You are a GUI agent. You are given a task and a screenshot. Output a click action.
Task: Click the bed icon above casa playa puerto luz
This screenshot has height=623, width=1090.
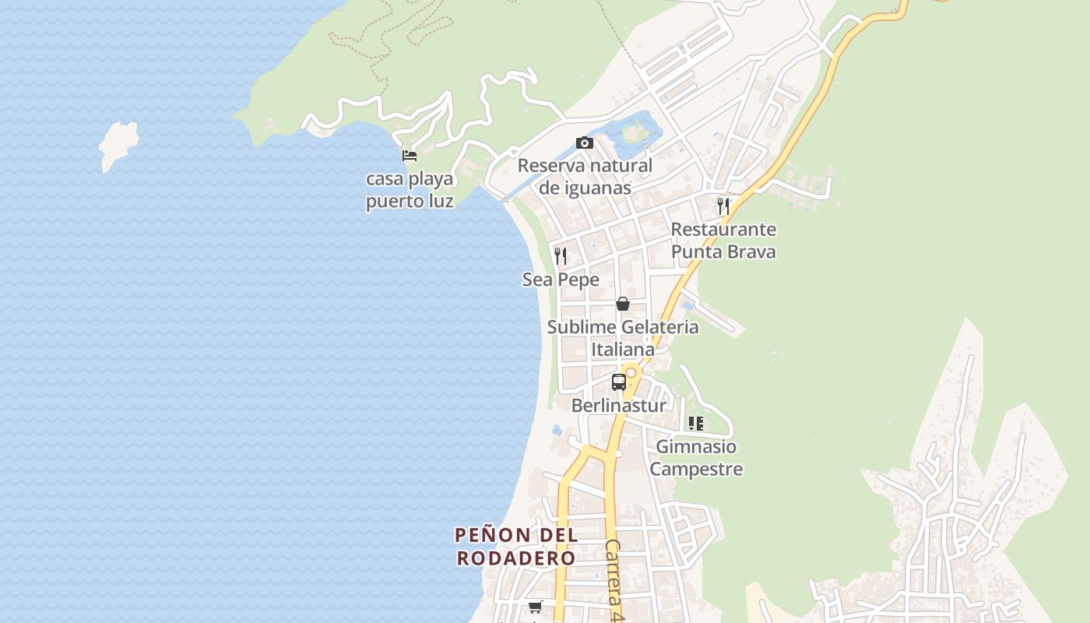(x=410, y=156)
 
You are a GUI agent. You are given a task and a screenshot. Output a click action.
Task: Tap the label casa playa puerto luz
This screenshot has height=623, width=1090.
(x=410, y=190)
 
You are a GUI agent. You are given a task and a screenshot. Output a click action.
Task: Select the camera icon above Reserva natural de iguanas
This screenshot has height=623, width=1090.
(x=585, y=143)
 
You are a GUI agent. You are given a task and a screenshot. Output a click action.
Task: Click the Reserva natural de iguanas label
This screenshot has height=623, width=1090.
(x=585, y=177)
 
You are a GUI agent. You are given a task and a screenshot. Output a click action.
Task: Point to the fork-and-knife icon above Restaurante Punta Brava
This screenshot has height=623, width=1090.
(x=723, y=206)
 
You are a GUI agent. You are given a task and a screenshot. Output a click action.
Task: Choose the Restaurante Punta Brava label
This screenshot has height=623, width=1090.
(x=723, y=241)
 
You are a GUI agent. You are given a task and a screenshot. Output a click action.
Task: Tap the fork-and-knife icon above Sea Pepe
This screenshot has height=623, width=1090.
(x=561, y=255)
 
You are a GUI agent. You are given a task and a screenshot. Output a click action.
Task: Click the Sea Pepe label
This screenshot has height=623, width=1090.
(x=561, y=280)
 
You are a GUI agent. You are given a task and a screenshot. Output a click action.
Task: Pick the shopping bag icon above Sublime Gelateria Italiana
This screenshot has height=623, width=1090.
(x=623, y=304)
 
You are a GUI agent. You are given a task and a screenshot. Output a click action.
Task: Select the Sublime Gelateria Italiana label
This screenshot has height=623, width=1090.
(x=623, y=338)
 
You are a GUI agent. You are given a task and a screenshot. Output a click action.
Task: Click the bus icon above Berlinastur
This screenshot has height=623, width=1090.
(x=619, y=382)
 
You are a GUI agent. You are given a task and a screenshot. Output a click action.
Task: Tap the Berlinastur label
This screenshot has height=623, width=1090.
(x=619, y=406)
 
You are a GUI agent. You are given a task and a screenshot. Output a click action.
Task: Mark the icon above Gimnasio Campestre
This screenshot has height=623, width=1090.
(x=695, y=424)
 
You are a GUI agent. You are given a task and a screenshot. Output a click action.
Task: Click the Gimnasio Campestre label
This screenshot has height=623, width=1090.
(x=695, y=458)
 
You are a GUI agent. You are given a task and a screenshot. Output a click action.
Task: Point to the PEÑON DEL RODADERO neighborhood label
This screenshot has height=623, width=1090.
(x=516, y=547)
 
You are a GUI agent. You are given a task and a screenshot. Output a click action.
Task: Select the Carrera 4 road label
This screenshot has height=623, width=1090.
(x=614, y=579)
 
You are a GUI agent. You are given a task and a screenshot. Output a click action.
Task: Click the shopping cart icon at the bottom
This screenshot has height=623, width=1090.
(x=535, y=607)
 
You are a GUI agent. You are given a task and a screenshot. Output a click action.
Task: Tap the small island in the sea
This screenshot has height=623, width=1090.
(x=118, y=143)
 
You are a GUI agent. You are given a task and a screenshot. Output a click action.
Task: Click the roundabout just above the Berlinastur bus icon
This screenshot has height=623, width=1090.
(x=631, y=373)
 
